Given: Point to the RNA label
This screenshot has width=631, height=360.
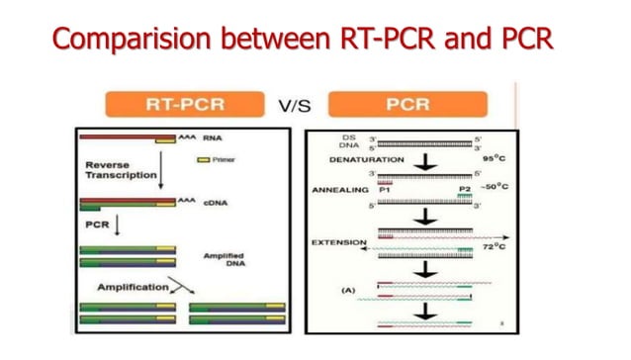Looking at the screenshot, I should pyautogui.click(x=211, y=138).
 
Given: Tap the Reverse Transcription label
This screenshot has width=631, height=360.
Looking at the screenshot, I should pyautogui.click(x=115, y=169).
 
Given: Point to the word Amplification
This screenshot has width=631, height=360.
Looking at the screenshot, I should pyautogui.click(x=129, y=287).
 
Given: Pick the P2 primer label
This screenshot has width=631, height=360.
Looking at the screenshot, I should pyautogui.click(x=465, y=188).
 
